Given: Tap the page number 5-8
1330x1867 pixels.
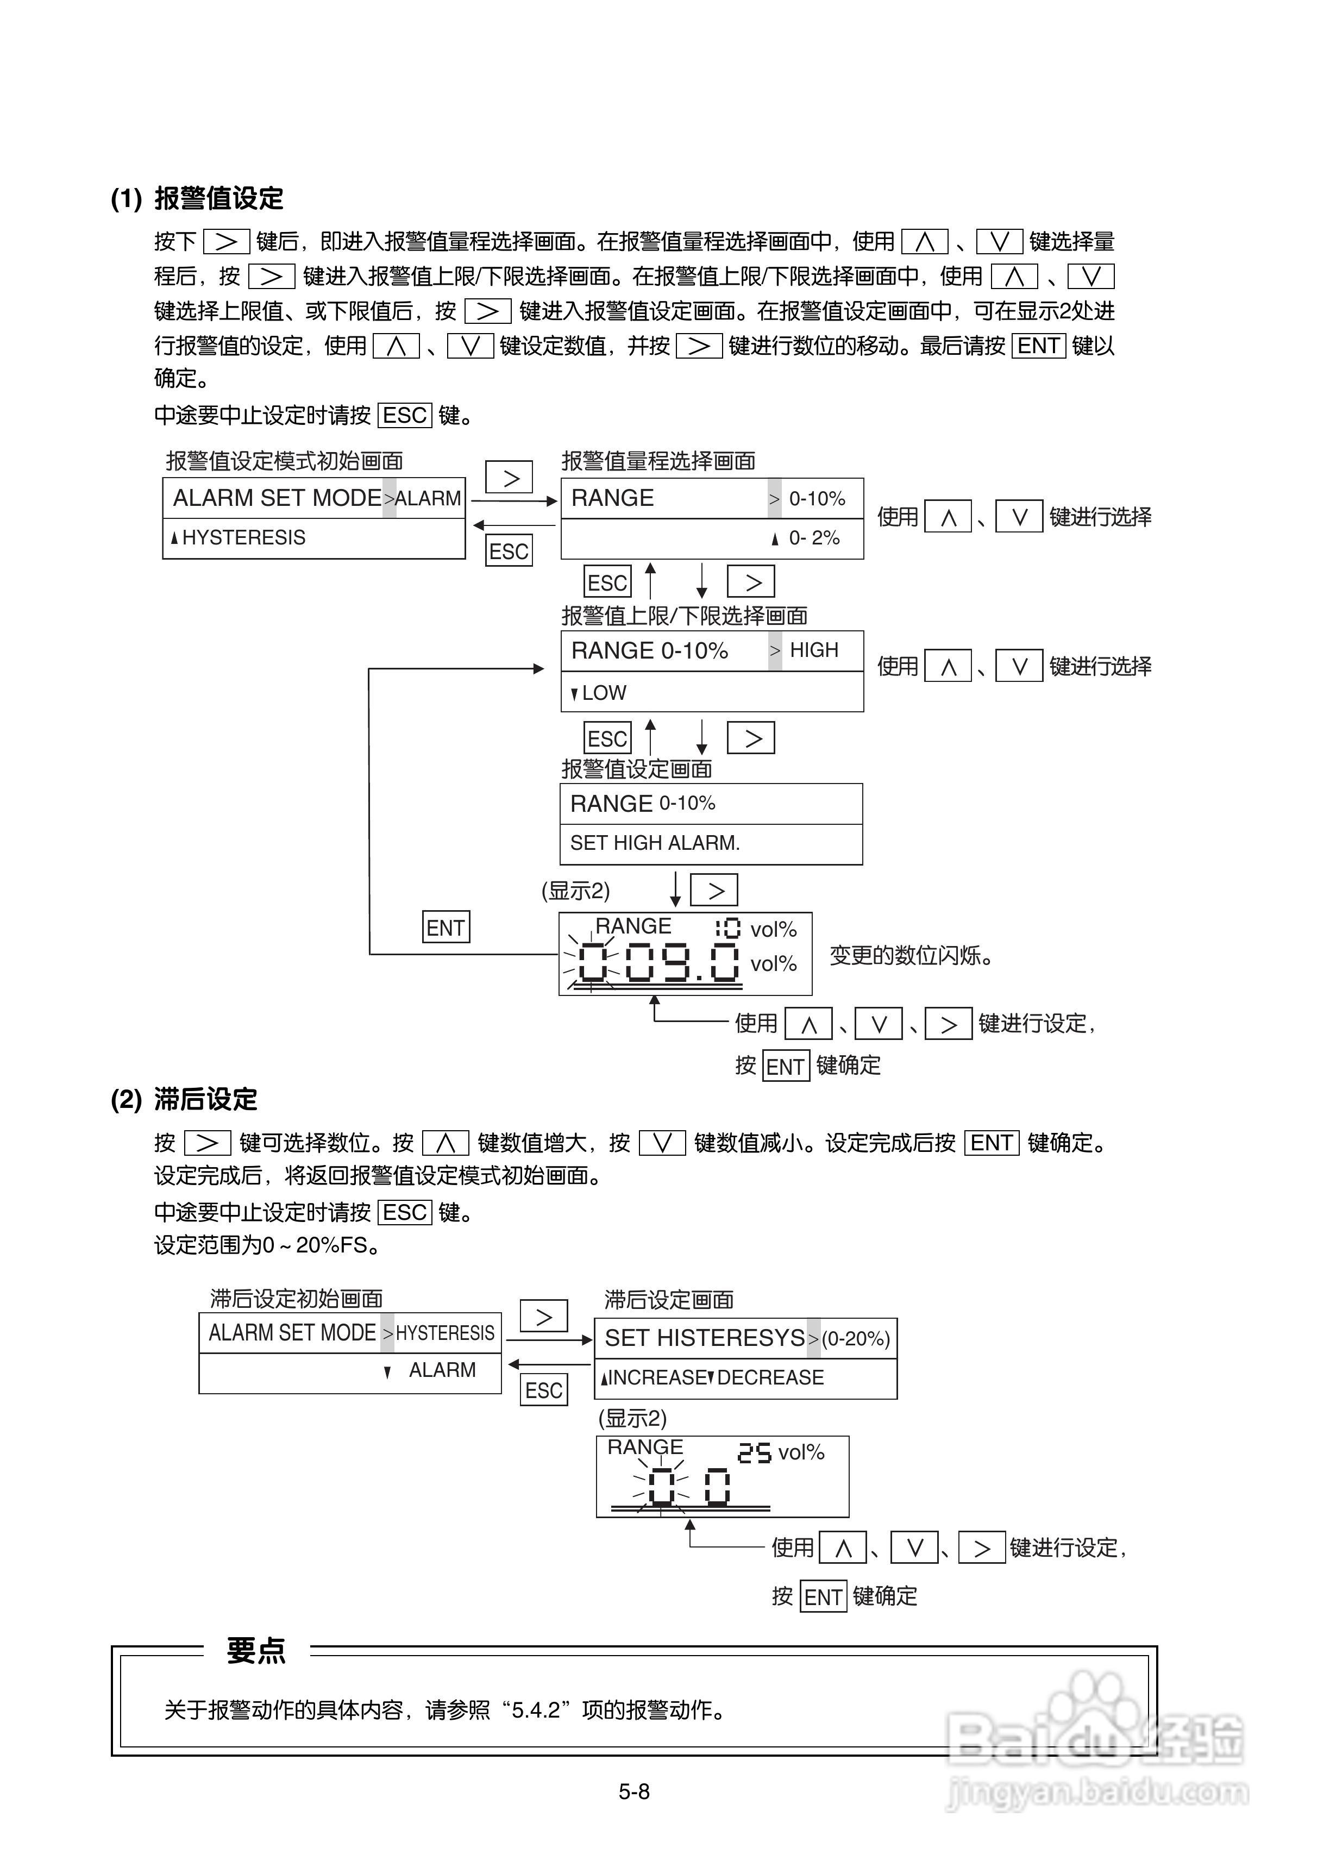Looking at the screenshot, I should (x=634, y=1791).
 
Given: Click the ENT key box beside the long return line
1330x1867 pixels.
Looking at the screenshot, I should (x=446, y=928).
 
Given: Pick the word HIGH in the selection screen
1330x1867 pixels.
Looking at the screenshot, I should (x=813, y=650).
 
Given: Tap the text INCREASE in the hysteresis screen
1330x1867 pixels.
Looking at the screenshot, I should (x=657, y=1377).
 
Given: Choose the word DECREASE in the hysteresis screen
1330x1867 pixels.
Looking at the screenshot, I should (x=770, y=1377).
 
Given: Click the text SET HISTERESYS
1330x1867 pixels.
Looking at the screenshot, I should (x=704, y=1338).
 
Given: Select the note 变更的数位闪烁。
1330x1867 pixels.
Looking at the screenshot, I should (x=911, y=956).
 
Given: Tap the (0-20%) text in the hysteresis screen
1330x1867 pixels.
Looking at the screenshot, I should (x=856, y=1339).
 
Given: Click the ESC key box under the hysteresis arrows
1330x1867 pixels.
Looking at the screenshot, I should (x=544, y=1390).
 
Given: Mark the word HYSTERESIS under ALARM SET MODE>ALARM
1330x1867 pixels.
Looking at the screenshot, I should (x=243, y=538).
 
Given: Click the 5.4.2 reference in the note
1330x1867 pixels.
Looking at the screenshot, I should (x=536, y=1710).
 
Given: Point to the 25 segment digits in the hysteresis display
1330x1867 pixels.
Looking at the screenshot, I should (x=754, y=1452).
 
